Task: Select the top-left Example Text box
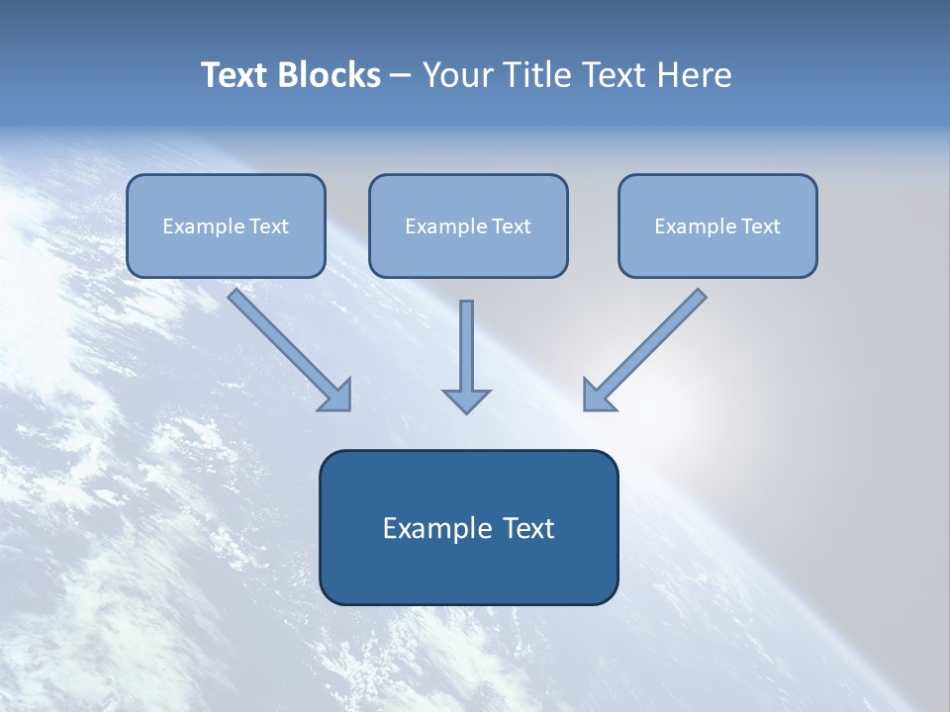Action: [226, 226]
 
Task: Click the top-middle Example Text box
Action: [468, 226]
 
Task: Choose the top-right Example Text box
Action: [717, 226]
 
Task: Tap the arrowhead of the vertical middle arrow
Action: [466, 400]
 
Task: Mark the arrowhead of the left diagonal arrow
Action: [336, 396]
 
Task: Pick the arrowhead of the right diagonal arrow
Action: [597, 396]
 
